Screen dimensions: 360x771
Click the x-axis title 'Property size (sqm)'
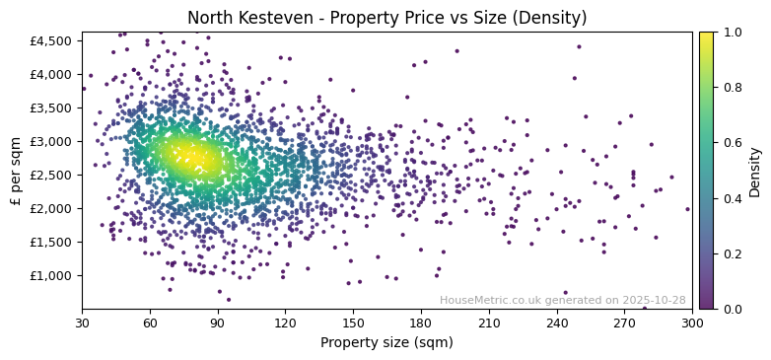[386, 343]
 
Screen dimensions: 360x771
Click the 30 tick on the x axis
[82, 323]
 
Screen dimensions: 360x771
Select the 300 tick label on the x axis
[692, 323]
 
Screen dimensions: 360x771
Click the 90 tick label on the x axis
[218, 323]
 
